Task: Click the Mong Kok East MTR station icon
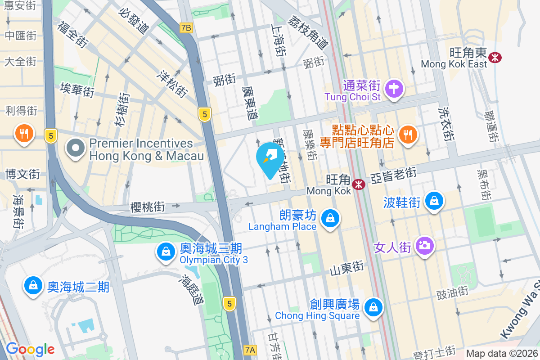495,57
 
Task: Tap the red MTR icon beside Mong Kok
359,184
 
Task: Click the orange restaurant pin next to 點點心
408,134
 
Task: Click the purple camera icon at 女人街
424,246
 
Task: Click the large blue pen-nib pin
270,159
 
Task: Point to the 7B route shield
186,28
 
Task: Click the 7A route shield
251,350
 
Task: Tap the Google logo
30,349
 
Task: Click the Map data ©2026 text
501,353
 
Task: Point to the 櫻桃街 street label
148,207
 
